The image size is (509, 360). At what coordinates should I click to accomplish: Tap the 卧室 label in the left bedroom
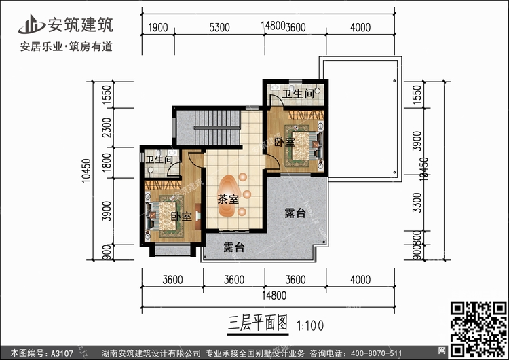[181, 217]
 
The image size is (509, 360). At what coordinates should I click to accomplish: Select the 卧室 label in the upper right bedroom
[284, 142]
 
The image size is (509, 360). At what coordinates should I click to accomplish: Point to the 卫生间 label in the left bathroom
[158, 160]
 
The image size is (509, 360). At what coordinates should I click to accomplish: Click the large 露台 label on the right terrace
[295, 214]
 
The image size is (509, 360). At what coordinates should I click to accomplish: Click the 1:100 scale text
[310, 324]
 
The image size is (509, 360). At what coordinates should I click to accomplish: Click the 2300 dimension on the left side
[106, 126]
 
